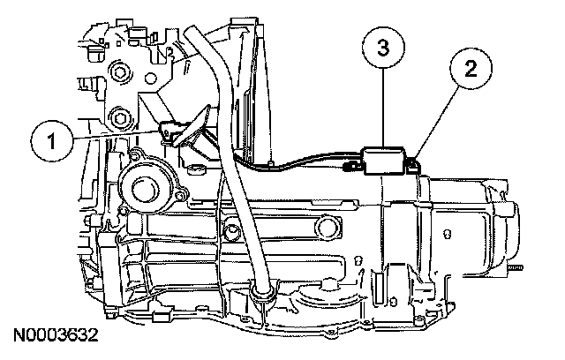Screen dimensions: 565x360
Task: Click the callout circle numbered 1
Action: pyautogui.click(x=53, y=139)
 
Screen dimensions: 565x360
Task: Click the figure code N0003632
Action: pyautogui.click(x=56, y=335)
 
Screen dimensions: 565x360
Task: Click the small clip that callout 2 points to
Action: pyautogui.click(x=412, y=161)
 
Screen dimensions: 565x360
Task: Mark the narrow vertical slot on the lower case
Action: pyautogui.click(x=377, y=286)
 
